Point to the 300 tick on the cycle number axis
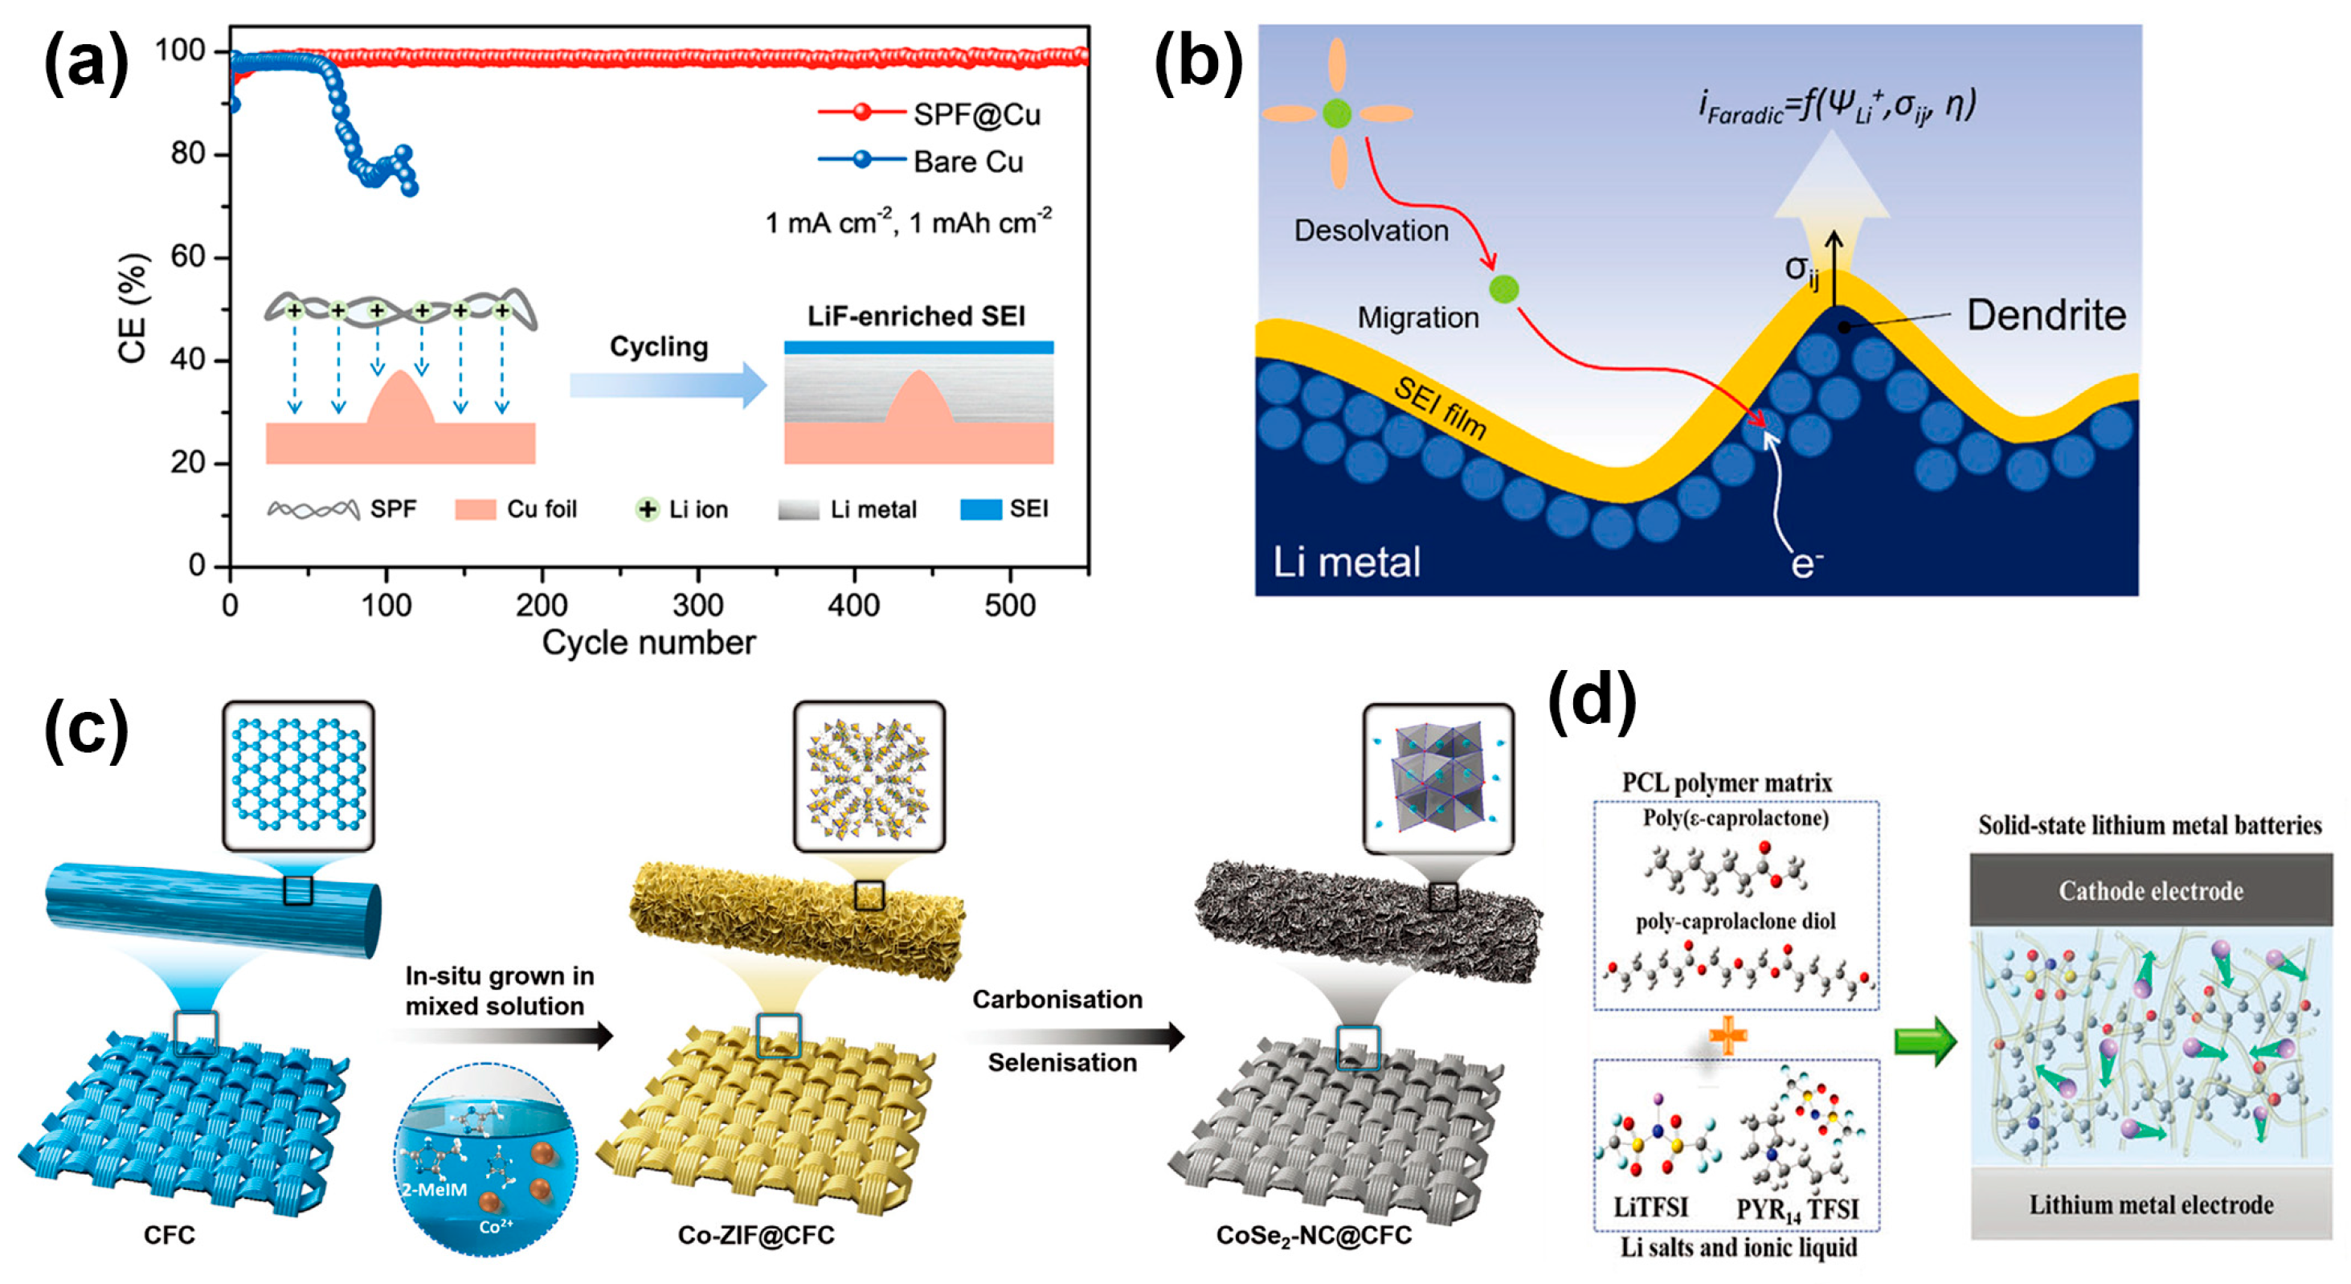tap(698, 604)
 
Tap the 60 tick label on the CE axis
tap(188, 256)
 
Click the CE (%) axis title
tap(133, 308)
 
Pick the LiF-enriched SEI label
tap(915, 316)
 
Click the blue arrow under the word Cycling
tap(668, 385)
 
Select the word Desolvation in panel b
tap(1371, 230)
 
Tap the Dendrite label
tap(2045, 315)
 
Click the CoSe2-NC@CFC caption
tap(1314, 1235)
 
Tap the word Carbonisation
tap(1057, 1000)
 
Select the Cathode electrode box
tap(2150, 889)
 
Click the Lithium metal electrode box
tap(2150, 1204)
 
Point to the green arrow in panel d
tap(1925, 1041)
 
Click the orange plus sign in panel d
tap(1727, 1036)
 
